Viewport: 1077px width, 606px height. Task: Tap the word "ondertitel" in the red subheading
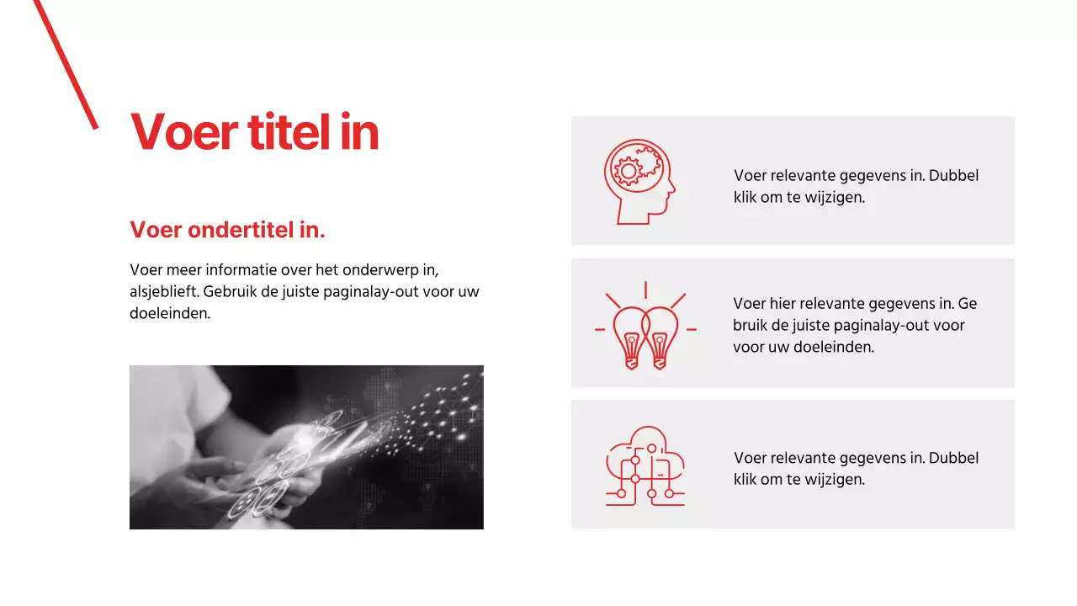237,230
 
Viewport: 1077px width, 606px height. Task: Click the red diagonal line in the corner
65,64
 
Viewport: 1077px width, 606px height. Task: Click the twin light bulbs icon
645,327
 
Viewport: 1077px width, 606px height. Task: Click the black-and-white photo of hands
306,447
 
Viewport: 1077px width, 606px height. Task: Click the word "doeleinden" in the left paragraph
169,314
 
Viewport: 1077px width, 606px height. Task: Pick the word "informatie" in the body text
237,270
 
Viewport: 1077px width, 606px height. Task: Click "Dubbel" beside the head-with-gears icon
954,176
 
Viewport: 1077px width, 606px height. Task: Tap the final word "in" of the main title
359,132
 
